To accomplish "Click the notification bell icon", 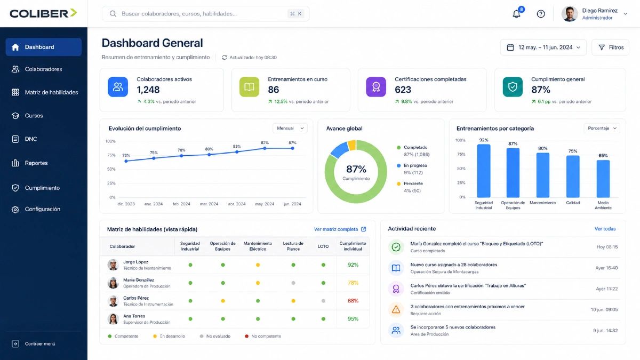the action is [x=516, y=14].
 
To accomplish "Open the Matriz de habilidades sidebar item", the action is [x=45, y=92].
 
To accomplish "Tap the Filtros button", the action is [x=610, y=47].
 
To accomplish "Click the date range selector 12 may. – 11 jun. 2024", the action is [x=543, y=47].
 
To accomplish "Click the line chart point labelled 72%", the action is [x=126, y=161].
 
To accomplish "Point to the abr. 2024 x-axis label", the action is [x=237, y=204].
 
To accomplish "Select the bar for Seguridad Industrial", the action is [x=484, y=171].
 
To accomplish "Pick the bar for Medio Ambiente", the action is [x=603, y=179].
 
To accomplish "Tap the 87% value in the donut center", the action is [x=356, y=169].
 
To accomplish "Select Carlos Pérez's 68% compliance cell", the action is [x=353, y=301].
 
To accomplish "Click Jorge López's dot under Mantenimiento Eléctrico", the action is [x=258, y=265].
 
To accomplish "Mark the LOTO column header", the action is [x=323, y=246].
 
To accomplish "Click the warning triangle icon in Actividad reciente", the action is [x=396, y=309].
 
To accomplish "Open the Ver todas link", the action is [x=605, y=229].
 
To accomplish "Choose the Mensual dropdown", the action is [x=290, y=129].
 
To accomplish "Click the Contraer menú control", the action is [x=34, y=343].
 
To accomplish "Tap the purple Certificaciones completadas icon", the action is [x=376, y=87].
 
